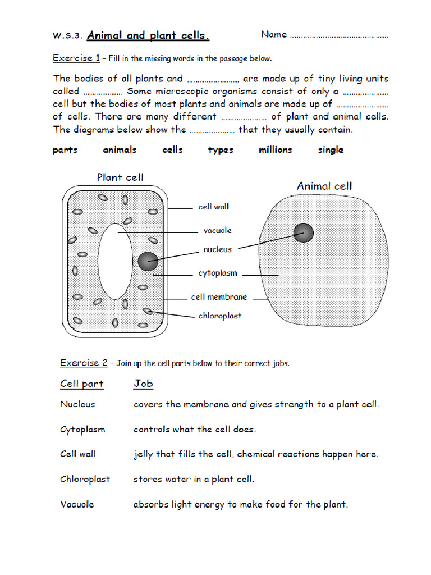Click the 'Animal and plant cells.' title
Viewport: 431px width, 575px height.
click(148, 36)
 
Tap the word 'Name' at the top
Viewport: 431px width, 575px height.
click(274, 35)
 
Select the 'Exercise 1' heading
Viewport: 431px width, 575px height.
click(76, 58)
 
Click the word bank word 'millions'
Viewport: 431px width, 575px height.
click(275, 150)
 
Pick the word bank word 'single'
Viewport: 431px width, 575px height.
click(331, 150)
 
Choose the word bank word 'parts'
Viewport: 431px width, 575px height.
click(65, 150)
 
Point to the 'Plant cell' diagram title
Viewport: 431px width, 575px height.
click(120, 177)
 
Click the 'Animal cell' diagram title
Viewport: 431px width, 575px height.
click(324, 186)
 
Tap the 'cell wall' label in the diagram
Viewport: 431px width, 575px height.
click(214, 207)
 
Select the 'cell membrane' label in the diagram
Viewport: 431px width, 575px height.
click(219, 297)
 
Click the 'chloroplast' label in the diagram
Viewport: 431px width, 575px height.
click(219, 316)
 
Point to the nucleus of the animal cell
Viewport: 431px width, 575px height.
click(304, 232)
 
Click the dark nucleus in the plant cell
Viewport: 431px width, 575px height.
click(148, 261)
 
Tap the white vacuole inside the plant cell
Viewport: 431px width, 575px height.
click(115, 261)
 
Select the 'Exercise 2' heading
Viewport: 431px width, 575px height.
click(84, 363)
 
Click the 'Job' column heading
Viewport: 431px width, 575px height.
click(143, 384)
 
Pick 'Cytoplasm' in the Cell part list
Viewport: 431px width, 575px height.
click(82, 430)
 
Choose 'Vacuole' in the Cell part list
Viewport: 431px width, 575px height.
click(77, 504)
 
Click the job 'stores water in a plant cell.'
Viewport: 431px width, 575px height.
click(194, 480)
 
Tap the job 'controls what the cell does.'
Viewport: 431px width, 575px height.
click(194, 430)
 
